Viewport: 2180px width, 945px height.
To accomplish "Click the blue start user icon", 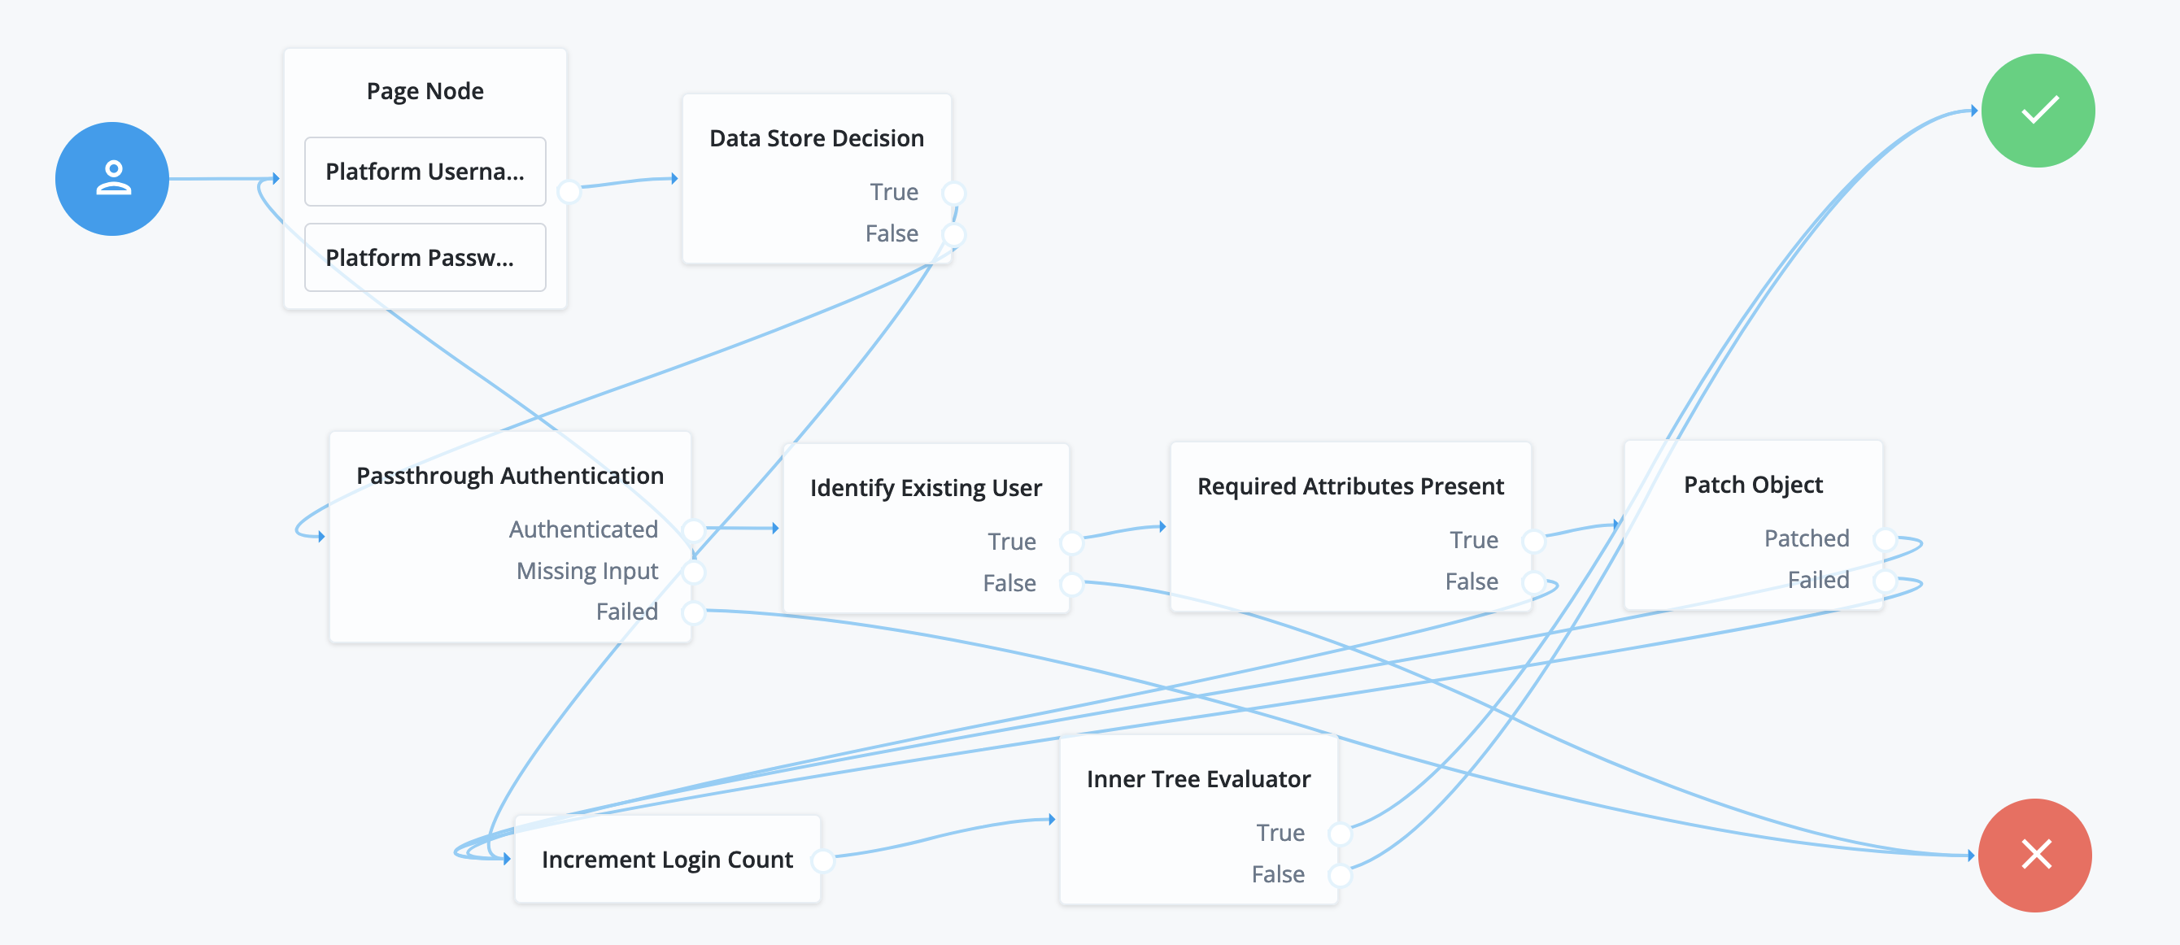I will click(111, 179).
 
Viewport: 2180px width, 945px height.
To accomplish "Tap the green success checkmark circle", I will click(2038, 111).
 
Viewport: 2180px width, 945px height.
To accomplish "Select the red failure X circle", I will click(2035, 855).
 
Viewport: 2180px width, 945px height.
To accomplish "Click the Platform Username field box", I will click(425, 172).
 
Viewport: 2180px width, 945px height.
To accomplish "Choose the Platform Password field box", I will click(425, 257).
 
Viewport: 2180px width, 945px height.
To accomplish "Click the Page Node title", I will click(425, 90).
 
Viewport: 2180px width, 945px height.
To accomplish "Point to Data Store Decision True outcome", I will click(894, 192).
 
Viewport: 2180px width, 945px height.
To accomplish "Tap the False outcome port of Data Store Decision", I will click(953, 234).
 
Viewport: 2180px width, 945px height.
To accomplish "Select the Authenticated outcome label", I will click(583, 529).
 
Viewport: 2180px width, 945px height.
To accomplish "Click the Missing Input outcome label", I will click(586, 571).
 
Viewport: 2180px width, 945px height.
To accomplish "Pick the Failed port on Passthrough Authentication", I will click(693, 612).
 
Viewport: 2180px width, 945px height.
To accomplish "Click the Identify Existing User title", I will click(926, 488).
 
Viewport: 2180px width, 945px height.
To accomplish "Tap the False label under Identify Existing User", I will click(1009, 583).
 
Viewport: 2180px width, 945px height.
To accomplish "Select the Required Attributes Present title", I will click(1349, 486).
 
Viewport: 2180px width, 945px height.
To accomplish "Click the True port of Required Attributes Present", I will click(1533, 540).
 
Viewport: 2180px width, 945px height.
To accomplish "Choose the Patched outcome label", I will click(1806, 538).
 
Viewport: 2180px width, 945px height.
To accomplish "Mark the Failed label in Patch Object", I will click(1818, 580).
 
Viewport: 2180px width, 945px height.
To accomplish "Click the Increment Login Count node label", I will click(667, 860).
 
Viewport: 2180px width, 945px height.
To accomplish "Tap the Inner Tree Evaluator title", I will click(1198, 779).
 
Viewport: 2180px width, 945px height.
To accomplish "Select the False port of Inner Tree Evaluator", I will click(1340, 874).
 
